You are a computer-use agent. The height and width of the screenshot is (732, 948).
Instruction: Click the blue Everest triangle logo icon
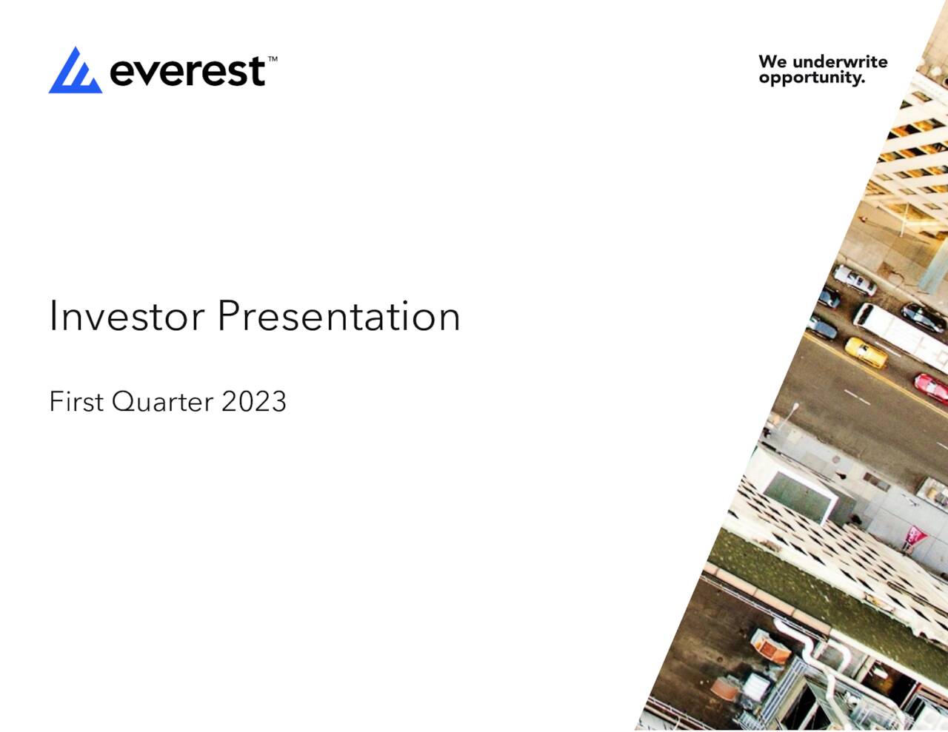tap(75, 72)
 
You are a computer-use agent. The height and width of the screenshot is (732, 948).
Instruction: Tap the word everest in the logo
tap(187, 72)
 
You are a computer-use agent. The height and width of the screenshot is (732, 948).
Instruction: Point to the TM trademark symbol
tap(272, 58)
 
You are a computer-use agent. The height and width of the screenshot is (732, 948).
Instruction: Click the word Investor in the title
tap(127, 316)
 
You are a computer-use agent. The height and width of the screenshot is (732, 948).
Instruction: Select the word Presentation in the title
tap(338, 316)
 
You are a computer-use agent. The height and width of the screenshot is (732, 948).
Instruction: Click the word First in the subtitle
tap(76, 402)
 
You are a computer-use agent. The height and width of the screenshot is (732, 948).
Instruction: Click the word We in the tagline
tap(772, 61)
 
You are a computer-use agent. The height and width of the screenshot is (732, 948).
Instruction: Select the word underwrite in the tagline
tap(840, 61)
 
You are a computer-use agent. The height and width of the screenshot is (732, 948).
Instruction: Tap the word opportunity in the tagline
tap(812, 78)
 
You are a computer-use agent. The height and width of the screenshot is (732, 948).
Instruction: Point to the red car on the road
tap(930, 387)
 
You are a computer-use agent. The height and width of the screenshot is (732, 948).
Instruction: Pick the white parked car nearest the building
tap(854, 281)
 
